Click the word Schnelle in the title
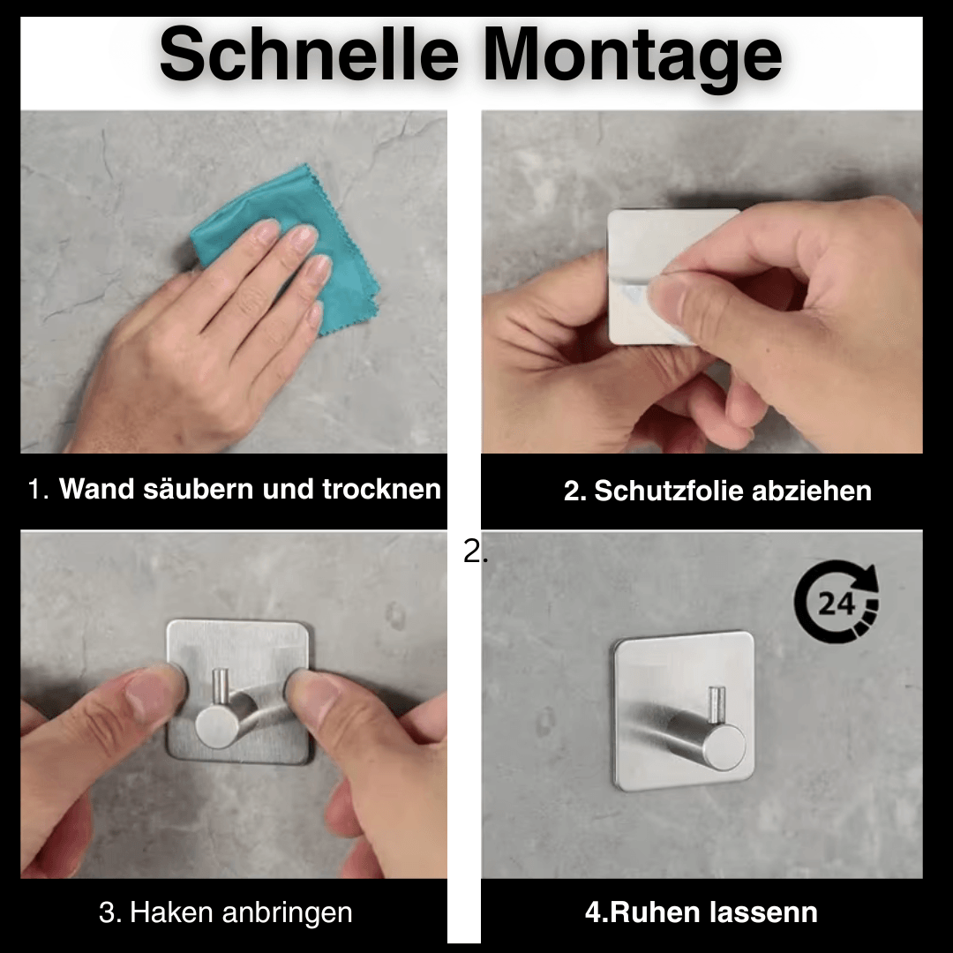click(309, 54)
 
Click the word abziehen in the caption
click(812, 491)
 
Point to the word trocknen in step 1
click(381, 489)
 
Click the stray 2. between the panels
click(475, 552)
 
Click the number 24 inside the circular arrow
click(837, 604)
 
